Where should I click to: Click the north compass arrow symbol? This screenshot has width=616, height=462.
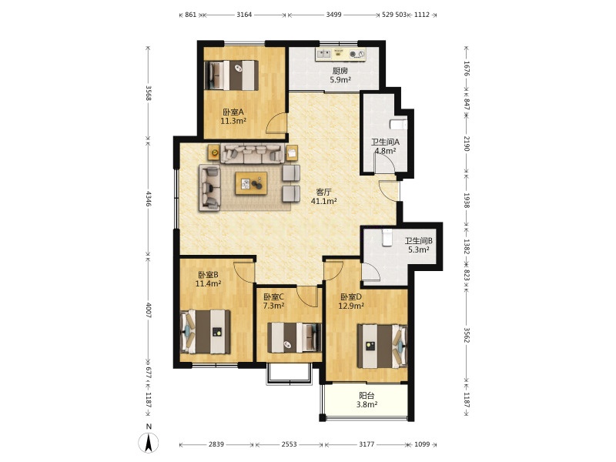pos(149,443)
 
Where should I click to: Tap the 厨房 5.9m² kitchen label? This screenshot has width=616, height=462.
pos(340,75)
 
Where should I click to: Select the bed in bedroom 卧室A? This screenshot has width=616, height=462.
pos(232,75)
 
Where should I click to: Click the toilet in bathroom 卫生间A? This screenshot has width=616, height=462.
pos(398,124)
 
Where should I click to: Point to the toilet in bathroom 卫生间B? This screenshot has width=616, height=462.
pos(387,237)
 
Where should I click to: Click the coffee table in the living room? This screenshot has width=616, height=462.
pos(252,183)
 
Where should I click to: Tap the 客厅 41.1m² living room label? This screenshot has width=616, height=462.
pos(323,196)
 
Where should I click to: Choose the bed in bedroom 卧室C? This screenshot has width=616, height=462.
pos(294,337)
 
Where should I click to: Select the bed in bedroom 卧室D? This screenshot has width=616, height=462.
pos(382,346)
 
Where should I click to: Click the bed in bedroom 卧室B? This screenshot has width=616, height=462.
pos(205,332)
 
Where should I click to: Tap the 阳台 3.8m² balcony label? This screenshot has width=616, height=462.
pos(367,400)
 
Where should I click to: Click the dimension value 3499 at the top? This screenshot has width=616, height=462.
pos(334,15)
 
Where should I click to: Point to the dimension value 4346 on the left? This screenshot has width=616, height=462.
pos(149,199)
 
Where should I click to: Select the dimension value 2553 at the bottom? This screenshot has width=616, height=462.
pos(290,444)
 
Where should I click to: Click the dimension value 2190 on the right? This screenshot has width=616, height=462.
pos(467,144)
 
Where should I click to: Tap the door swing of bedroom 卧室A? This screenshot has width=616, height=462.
pos(276,123)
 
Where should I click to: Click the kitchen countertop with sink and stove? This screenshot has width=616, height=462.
pos(340,54)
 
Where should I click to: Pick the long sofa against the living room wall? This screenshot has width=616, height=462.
pos(253,153)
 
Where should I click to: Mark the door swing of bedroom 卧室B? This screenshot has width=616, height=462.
pos(244,271)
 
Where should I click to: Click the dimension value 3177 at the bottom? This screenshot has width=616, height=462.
pos(367,444)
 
